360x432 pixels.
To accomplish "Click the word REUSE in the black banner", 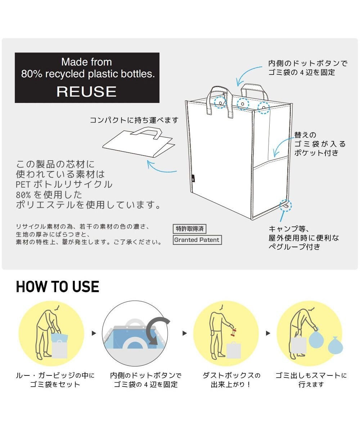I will [86, 91].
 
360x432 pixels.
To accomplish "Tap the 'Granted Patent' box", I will [197, 240].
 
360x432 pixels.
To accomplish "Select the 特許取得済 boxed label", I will [189, 229].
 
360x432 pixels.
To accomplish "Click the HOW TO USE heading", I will [58, 287].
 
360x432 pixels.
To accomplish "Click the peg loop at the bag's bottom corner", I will [285, 206].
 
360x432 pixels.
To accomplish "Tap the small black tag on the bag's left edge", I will [193, 177].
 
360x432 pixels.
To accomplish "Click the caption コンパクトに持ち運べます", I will [134, 120].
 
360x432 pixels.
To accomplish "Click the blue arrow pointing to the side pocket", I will [282, 146].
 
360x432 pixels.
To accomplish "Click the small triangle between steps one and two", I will [94, 333].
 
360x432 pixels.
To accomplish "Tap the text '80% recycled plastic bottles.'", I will [87, 74].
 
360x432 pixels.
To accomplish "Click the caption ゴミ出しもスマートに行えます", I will [311, 380].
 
